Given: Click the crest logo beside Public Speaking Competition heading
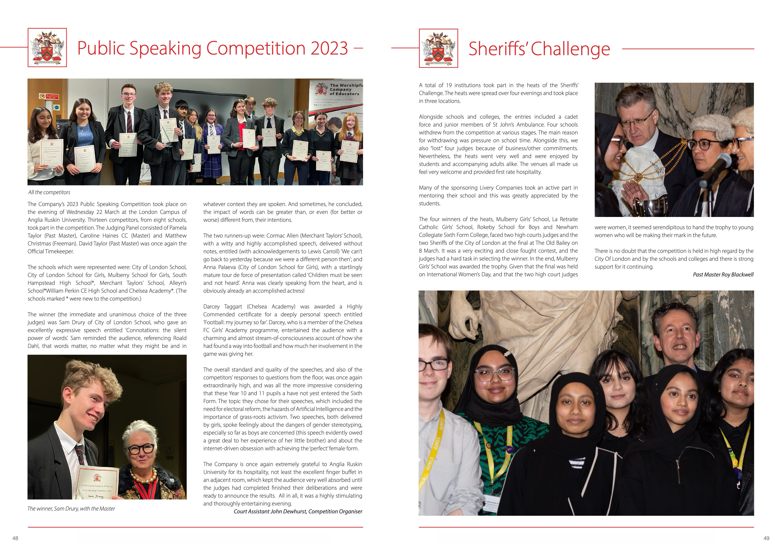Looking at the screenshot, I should [x=47, y=48].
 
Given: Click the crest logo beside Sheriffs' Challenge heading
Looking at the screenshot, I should [x=438, y=48].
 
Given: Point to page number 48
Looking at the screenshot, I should [x=15, y=538].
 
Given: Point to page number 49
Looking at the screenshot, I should [x=766, y=538].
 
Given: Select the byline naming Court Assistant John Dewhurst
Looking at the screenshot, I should [x=298, y=511].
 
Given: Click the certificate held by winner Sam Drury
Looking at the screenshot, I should [x=97, y=484].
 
